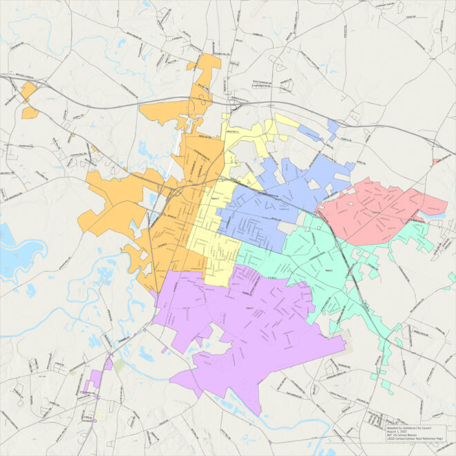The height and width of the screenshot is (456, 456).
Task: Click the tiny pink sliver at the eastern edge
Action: [436, 161]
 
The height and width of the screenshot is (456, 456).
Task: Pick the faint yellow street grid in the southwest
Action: [101, 415]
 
